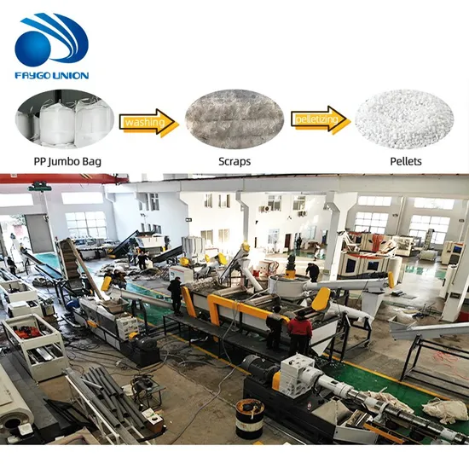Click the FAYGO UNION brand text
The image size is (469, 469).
click(52, 75)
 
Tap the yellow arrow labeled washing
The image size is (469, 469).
click(149, 123)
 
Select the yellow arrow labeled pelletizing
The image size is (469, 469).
click(321, 119)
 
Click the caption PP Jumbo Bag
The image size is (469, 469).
click(67, 161)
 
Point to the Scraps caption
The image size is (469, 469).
click(234, 161)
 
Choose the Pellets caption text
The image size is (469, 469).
click(406, 161)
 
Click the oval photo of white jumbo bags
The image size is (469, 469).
click(65, 119)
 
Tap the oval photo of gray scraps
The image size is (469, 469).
click(234, 119)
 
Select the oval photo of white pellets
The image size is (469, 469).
click(404, 119)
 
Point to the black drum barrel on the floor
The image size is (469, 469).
click(250, 418)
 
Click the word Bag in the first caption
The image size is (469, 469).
click(91, 162)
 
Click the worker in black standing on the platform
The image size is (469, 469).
click(176, 296)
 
